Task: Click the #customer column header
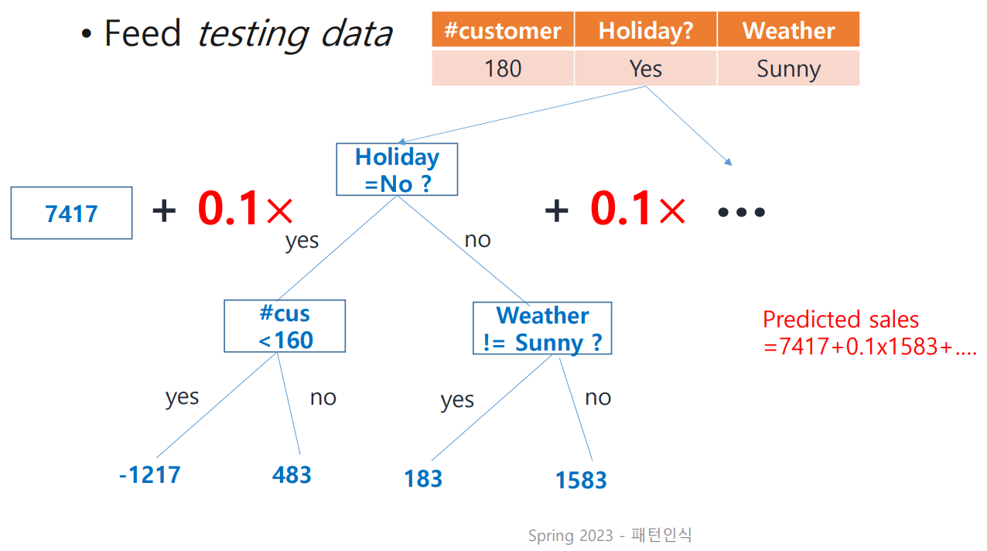(503, 29)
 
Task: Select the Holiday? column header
(646, 29)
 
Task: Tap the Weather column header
(788, 29)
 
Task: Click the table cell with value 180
(503, 68)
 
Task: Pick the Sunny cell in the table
(788, 68)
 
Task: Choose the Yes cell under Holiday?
(646, 68)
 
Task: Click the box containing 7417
(71, 213)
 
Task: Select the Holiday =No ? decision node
(397, 169)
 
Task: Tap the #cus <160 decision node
(285, 327)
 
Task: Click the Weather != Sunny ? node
(542, 328)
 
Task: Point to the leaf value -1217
(150, 474)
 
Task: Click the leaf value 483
(292, 474)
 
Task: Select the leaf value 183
(423, 479)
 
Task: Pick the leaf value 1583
(581, 480)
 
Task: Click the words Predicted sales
(841, 320)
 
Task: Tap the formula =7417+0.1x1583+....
(869, 347)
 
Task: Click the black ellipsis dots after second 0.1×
(741, 213)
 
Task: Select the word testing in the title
(253, 34)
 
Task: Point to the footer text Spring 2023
(571, 536)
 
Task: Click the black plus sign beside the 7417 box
(164, 210)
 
